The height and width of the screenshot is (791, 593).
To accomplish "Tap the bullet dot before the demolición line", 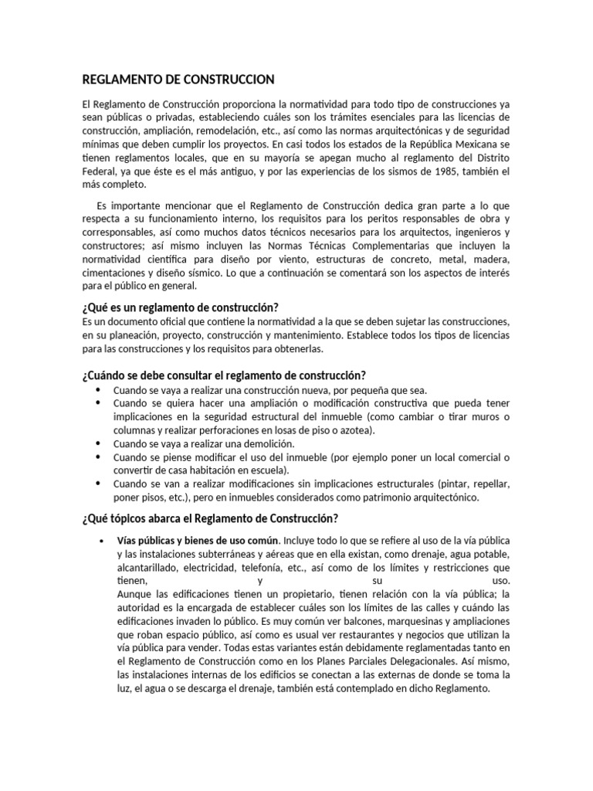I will coord(98,443).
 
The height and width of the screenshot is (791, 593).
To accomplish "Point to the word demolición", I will coord(268,443).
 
